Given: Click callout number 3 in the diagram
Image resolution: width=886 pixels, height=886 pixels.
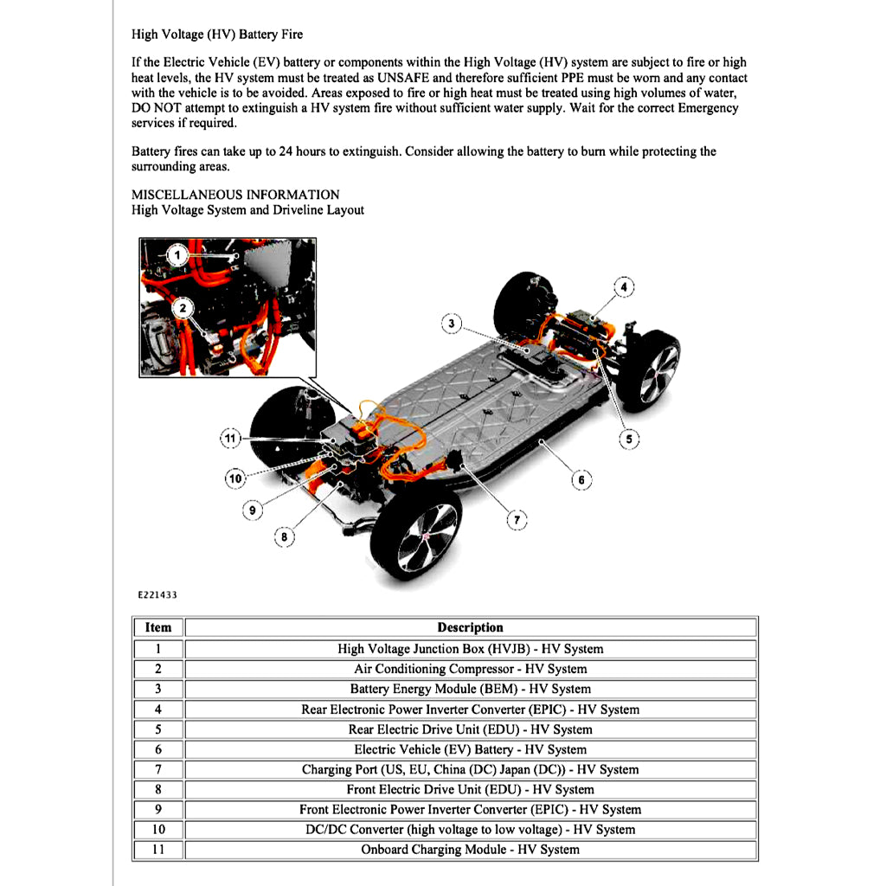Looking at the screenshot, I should pyautogui.click(x=451, y=324).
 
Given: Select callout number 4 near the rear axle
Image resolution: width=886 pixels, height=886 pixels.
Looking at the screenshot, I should pyautogui.click(x=623, y=286).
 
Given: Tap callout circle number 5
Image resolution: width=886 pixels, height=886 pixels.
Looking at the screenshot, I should pyautogui.click(x=629, y=440).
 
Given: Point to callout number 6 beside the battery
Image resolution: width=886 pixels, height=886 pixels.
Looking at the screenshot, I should pyautogui.click(x=581, y=479).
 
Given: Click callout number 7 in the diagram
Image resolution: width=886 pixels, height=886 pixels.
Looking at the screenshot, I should pyautogui.click(x=517, y=519).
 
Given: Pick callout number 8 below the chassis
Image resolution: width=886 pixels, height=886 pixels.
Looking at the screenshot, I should pyautogui.click(x=284, y=537).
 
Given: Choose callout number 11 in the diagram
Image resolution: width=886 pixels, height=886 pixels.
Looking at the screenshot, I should pyautogui.click(x=230, y=439).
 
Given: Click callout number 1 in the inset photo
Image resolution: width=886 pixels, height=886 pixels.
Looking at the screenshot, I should pyautogui.click(x=177, y=255).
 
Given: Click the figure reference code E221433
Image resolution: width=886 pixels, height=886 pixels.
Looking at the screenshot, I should pyautogui.click(x=156, y=595).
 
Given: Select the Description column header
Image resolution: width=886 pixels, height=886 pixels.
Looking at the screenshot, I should pyautogui.click(x=470, y=627).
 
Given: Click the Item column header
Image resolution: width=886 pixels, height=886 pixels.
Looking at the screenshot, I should pyautogui.click(x=158, y=627).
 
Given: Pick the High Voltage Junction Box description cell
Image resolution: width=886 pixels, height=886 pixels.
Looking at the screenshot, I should pyautogui.click(x=470, y=649).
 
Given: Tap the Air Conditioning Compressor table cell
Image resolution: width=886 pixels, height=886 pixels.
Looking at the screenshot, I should pyautogui.click(x=470, y=669).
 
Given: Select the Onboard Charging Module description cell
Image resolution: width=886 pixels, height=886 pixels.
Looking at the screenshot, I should pyautogui.click(x=470, y=850).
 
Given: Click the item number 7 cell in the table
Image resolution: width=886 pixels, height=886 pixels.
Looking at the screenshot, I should pyautogui.click(x=158, y=769).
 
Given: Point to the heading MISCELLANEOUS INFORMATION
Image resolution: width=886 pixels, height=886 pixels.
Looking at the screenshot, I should pyautogui.click(x=235, y=195).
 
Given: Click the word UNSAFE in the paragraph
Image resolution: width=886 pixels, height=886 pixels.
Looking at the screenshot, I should pyautogui.click(x=406, y=78).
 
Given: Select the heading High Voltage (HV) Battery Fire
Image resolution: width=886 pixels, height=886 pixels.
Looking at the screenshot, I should pyautogui.click(x=217, y=35).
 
